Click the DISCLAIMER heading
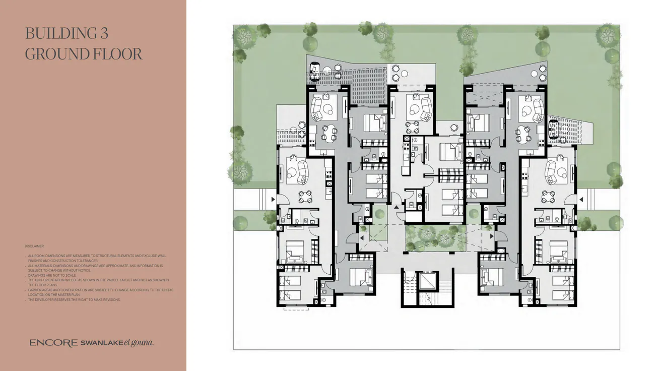point(34,246)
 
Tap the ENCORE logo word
point(53,343)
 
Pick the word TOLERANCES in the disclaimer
point(86,261)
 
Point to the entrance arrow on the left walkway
point(273,200)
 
